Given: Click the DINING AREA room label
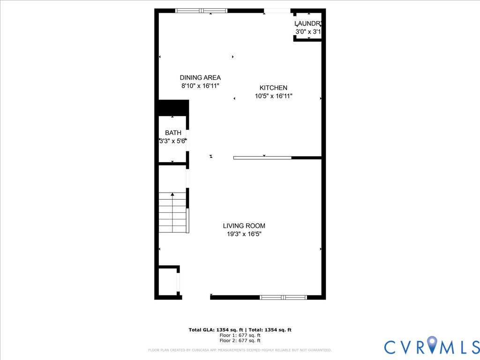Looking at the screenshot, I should [x=200, y=78].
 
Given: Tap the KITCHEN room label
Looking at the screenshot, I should [x=273, y=88].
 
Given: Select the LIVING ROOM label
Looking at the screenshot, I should [x=244, y=226].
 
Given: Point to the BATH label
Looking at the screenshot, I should [x=173, y=133].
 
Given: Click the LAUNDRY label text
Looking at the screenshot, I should [x=308, y=23].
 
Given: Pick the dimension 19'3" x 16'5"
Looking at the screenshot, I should [x=244, y=234].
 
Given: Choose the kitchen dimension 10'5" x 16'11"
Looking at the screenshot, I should [x=273, y=96].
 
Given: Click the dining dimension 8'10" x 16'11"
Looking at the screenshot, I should [x=200, y=86].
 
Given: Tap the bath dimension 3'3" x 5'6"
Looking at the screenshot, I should [x=173, y=141].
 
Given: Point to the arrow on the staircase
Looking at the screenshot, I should [x=172, y=194].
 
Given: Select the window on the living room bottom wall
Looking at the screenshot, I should [x=283, y=297].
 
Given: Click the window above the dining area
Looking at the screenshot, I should [x=201, y=10].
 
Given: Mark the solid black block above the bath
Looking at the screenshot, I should [x=173, y=107].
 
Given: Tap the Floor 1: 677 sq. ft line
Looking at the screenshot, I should [x=240, y=335].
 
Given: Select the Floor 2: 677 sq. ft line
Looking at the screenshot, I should [x=240, y=341].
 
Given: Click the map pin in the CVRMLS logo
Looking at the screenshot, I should [x=432, y=345].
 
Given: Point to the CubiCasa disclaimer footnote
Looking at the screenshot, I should [x=240, y=350].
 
